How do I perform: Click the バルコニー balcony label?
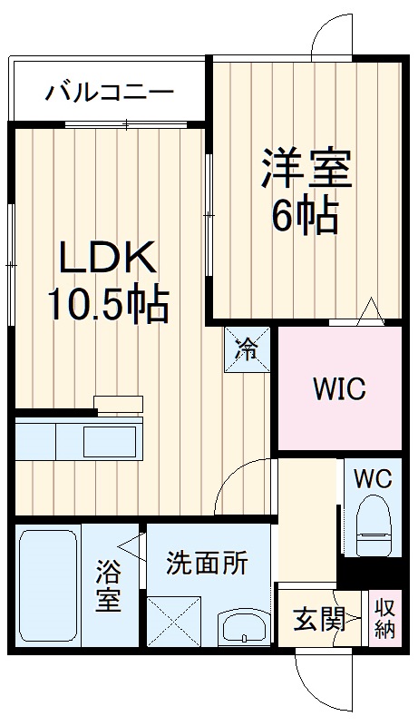coord(110,92)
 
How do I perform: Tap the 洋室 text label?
coord(306,169)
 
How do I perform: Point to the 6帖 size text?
coord(305,215)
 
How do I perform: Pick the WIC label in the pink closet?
coord(339,389)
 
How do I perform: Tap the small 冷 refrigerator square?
coord(248,348)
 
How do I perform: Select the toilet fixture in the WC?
coord(373,529)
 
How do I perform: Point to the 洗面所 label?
coord(207,563)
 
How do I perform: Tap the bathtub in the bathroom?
coord(48,585)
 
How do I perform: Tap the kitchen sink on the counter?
coord(110,443)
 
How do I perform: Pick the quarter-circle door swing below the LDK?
coord(243,490)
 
